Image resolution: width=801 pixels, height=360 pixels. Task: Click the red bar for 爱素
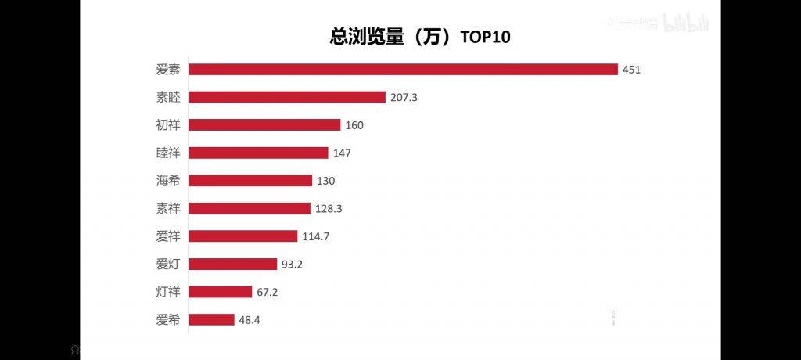[x=403, y=70]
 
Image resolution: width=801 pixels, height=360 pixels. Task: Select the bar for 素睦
[x=287, y=97]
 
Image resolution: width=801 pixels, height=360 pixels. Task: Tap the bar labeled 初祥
[x=264, y=125]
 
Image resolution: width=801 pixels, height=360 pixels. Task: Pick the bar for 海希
[x=250, y=181]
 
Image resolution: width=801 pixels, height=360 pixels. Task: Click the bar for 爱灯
[x=233, y=264]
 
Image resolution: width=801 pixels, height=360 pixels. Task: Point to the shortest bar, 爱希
[x=211, y=319]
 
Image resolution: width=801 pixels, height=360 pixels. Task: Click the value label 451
[x=632, y=70]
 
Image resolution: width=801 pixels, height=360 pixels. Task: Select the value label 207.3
[x=404, y=98]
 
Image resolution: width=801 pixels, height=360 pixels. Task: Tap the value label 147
[x=342, y=153]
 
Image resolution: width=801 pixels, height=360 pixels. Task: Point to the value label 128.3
[x=329, y=209]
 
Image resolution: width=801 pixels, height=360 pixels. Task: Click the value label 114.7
[x=316, y=236]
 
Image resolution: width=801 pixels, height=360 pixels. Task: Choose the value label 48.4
[x=251, y=320]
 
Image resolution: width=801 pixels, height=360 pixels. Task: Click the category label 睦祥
[x=168, y=153]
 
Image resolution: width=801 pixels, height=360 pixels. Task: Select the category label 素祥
[x=168, y=208]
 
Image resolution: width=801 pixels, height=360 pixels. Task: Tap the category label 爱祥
[x=168, y=236]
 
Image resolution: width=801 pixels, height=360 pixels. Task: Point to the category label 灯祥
[x=168, y=292]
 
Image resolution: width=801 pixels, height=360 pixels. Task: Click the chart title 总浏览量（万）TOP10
[x=419, y=37]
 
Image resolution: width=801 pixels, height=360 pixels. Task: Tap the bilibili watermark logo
[x=686, y=24]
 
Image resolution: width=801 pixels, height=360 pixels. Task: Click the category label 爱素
[x=168, y=70]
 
